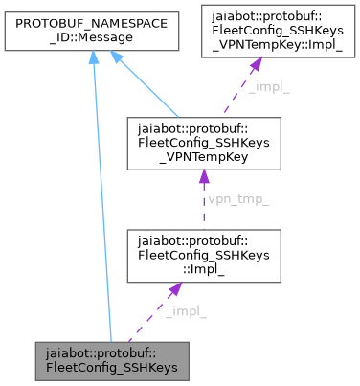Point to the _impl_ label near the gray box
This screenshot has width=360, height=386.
pos(185,312)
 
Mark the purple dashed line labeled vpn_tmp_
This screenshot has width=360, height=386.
pos(199,206)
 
